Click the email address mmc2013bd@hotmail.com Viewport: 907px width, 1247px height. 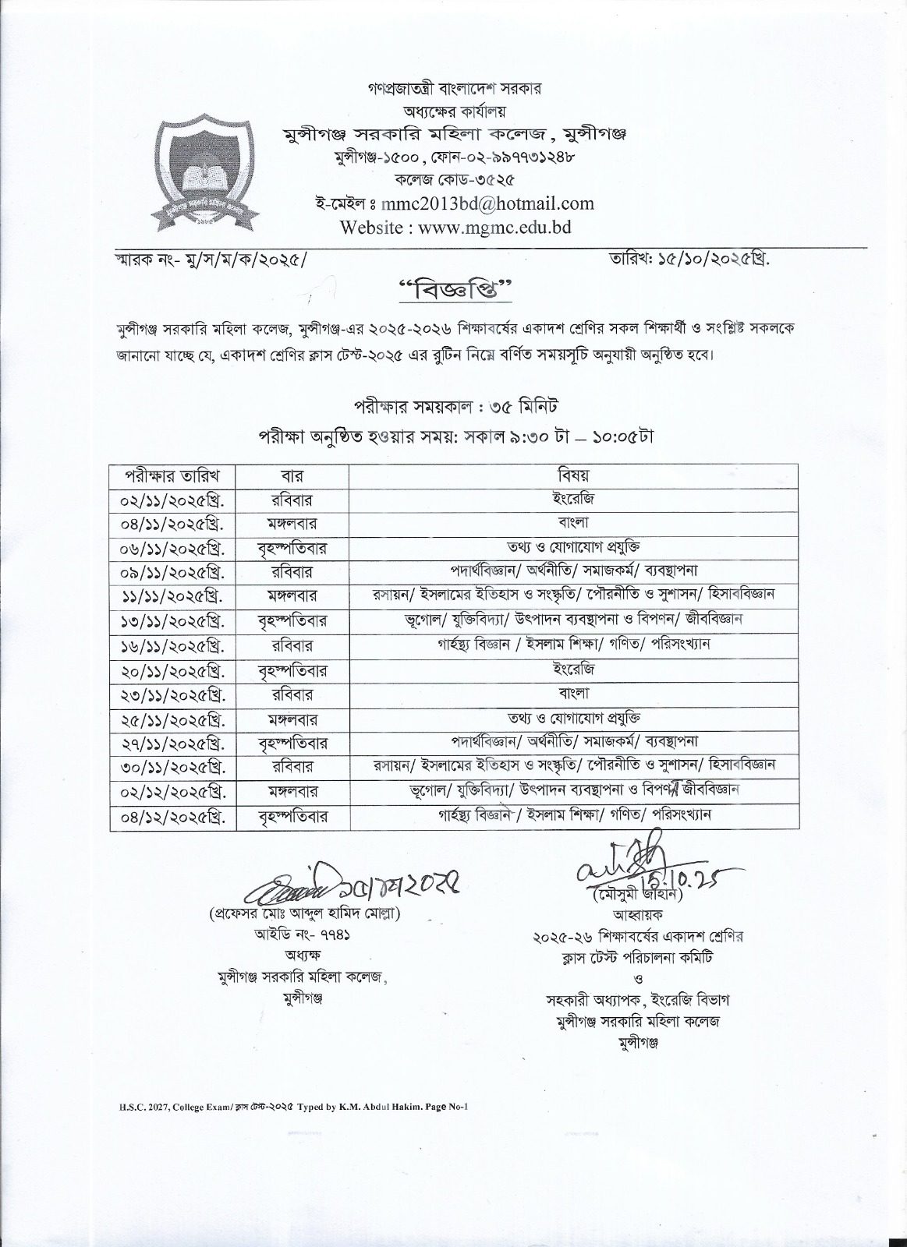[485, 203]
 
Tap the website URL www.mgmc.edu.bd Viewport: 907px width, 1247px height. [496, 227]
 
